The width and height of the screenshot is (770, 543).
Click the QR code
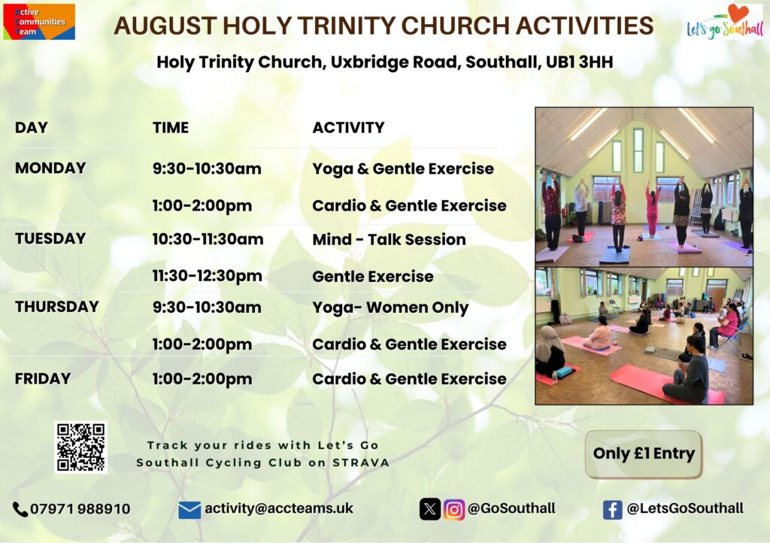point(80,447)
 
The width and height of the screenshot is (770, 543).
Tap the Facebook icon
point(612,510)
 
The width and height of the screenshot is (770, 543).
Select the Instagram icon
point(454,510)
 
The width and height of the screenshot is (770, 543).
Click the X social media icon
point(430,510)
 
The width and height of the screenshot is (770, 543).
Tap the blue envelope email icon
point(189,510)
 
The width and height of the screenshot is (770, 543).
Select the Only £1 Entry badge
point(644,454)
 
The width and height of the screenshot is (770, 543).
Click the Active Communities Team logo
point(39,22)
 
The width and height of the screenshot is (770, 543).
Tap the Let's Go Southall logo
point(725,23)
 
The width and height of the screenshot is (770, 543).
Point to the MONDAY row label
point(50,168)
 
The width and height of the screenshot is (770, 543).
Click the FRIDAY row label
point(43,378)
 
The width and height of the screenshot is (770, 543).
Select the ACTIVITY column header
point(349,128)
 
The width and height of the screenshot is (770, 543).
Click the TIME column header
point(171,128)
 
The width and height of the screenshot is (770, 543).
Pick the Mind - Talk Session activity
point(389,240)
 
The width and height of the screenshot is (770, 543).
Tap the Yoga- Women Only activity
point(390,308)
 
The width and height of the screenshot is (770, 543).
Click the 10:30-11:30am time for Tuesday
point(208,240)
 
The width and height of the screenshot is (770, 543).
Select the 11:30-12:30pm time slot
point(208,277)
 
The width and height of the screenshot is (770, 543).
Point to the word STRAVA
point(361,463)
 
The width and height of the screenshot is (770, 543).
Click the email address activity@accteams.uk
point(279,508)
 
